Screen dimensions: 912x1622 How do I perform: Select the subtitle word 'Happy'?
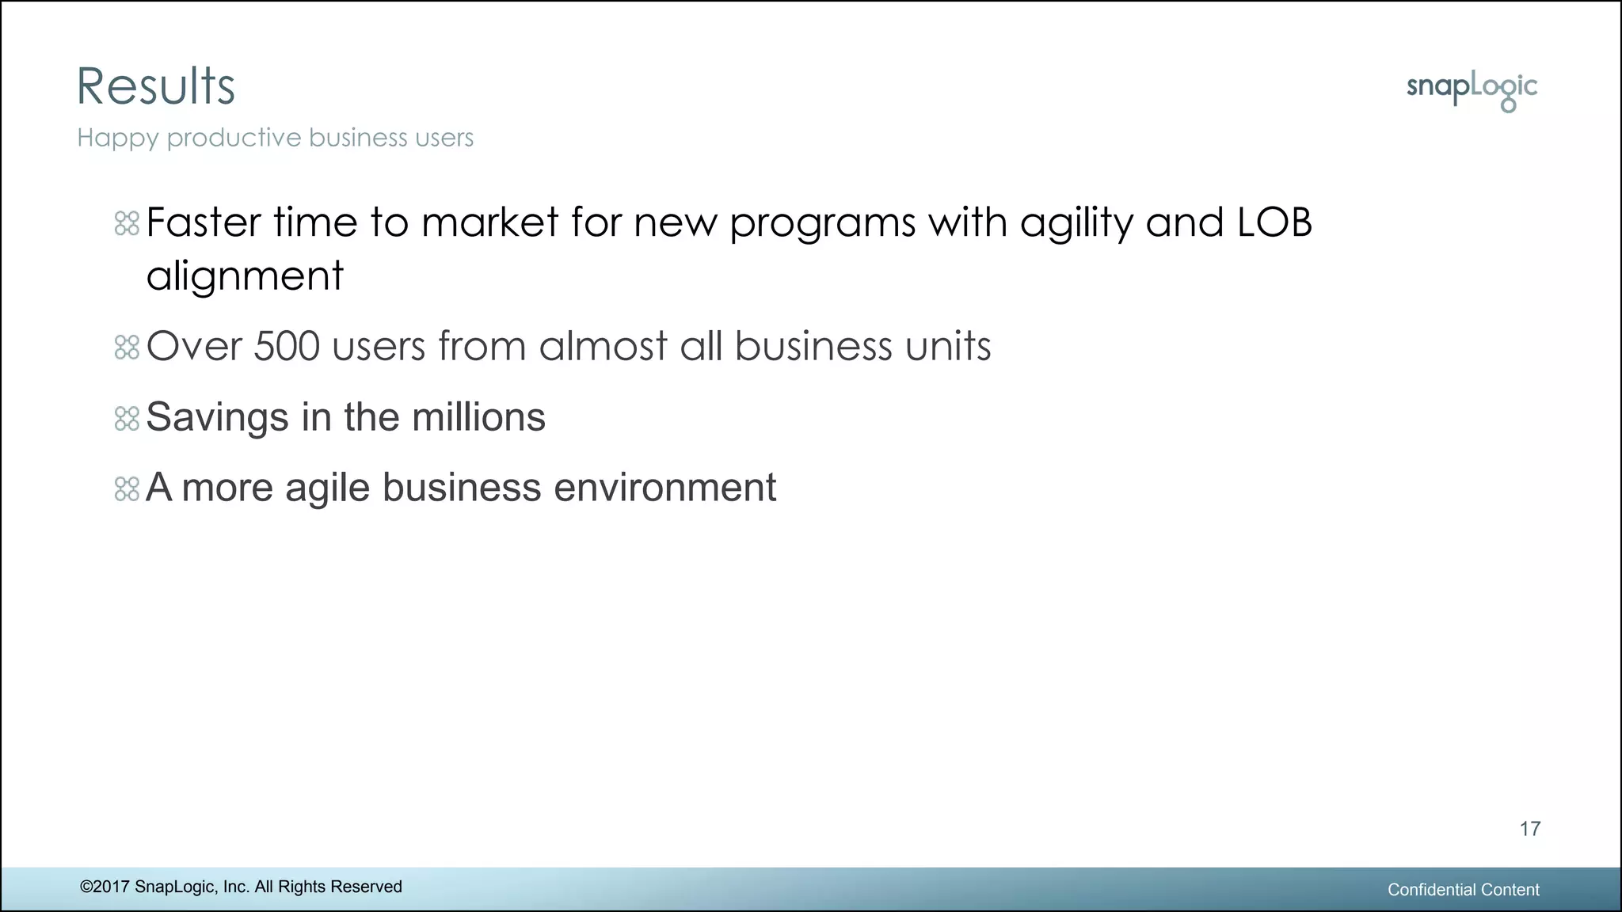[117, 139]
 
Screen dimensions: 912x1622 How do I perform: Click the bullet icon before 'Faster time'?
[127, 223]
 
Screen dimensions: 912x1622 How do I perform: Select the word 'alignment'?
[245, 276]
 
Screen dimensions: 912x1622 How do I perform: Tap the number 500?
[287, 346]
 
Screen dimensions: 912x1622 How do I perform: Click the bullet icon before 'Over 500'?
[127, 347]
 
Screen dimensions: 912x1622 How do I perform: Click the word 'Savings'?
[217, 417]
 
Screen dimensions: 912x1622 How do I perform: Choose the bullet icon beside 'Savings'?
[127, 418]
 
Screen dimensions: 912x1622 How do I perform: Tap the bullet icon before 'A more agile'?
[127, 488]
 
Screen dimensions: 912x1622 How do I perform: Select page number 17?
[1529, 829]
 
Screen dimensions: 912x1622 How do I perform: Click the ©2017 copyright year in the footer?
[105, 887]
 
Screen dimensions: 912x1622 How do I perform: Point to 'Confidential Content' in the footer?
[1463, 890]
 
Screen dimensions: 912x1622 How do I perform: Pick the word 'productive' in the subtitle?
[234, 139]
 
